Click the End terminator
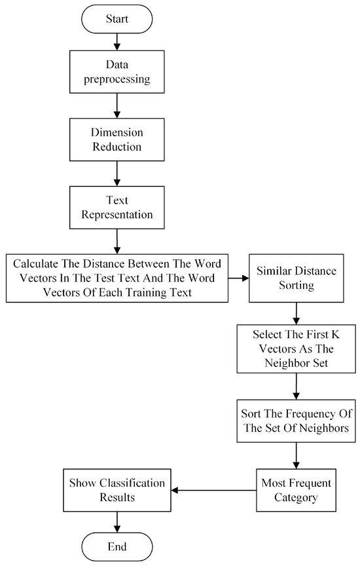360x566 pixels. pos(117,546)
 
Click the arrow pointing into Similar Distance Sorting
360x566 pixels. pos(238,278)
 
